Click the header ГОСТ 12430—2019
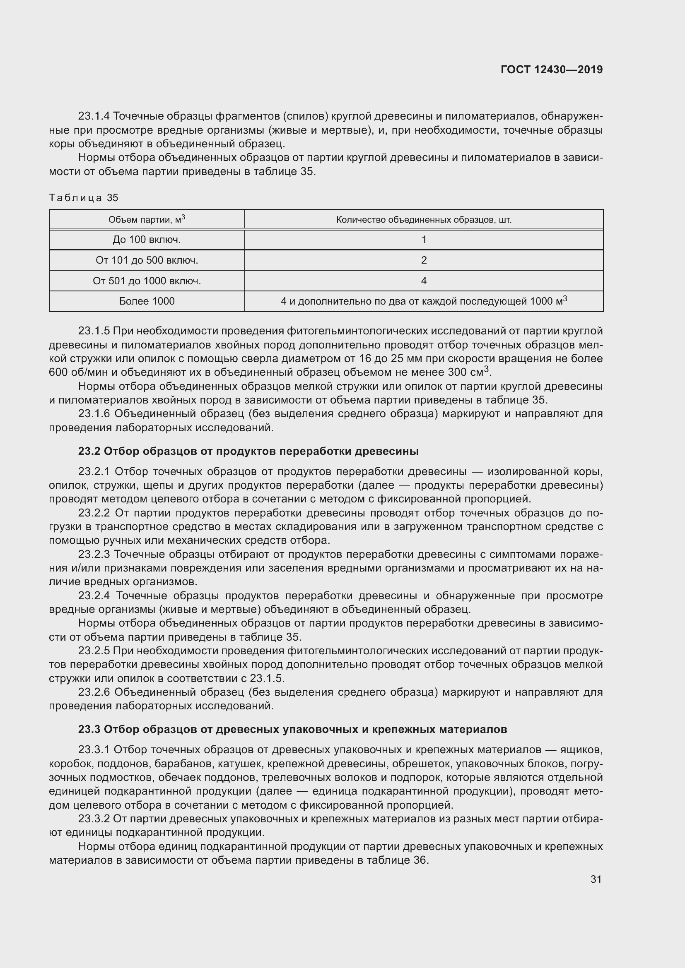551,70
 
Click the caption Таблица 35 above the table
84,198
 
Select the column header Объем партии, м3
147,219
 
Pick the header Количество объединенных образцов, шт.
424,220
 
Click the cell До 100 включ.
147,240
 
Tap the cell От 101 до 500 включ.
147,261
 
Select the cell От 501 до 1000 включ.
147,281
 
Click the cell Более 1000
147,301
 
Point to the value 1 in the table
424,240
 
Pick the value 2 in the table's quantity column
424,261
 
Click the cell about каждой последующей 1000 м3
424,301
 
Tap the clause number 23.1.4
94,116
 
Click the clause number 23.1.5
94,331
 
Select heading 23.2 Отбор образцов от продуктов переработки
248,452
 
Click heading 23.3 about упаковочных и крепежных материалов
292,729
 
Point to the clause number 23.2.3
94,555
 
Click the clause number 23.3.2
94,819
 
